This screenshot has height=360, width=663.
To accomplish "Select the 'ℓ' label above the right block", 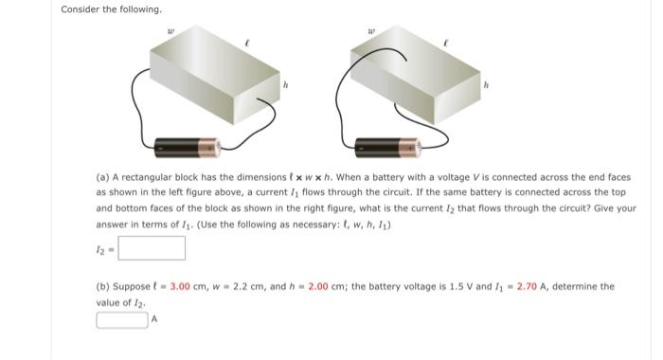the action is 444,43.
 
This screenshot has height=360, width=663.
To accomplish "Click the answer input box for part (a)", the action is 152,248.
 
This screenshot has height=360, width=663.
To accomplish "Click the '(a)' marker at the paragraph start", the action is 103,176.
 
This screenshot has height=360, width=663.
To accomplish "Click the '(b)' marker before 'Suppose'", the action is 103,286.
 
